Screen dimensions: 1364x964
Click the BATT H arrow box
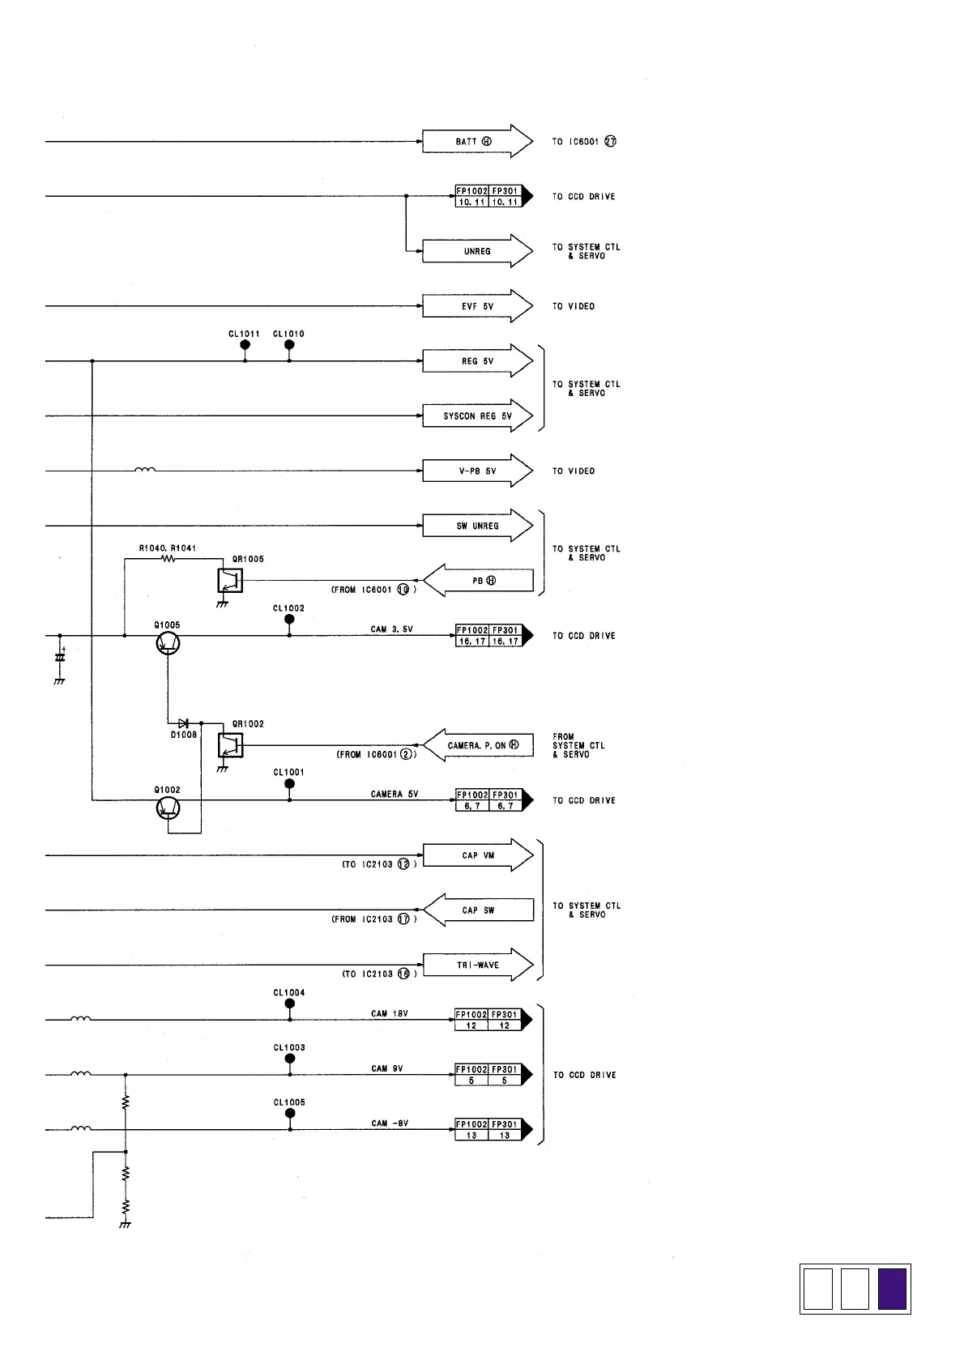[x=476, y=142]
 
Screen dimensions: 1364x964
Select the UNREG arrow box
[x=476, y=251]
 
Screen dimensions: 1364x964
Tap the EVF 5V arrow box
[x=476, y=306]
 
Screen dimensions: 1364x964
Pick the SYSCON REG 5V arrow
[x=476, y=416]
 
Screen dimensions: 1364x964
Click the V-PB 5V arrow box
[x=476, y=471]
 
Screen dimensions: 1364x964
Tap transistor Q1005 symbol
[x=168, y=643]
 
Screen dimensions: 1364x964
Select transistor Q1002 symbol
[x=168, y=808]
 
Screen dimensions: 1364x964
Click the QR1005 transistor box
[x=230, y=580]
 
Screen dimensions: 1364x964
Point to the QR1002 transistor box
[x=230, y=744]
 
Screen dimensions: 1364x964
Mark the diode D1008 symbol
[x=184, y=722]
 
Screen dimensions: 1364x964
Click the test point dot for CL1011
[x=245, y=345]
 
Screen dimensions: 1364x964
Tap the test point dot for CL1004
[x=289, y=1004]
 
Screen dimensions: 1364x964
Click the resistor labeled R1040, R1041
[x=168, y=559]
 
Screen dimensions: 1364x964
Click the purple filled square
[x=892, y=1289]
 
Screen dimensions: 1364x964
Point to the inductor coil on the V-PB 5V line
[x=146, y=469]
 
